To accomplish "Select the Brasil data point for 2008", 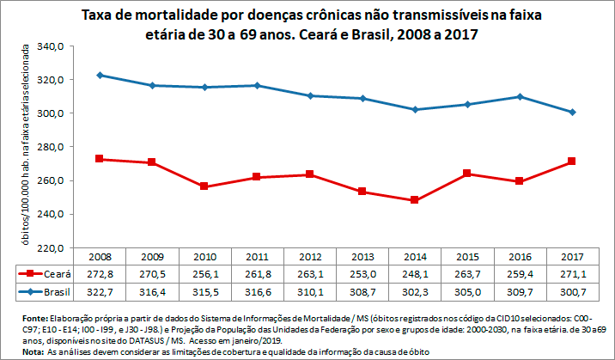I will click(100, 76).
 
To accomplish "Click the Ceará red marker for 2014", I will click(415, 200).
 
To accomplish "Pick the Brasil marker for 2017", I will click(572, 113).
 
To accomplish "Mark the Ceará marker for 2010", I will click(205, 186).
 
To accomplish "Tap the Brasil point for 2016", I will click(520, 97).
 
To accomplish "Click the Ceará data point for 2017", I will click(572, 162).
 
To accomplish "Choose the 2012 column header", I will click(310, 256).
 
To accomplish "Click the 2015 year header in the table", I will click(467, 256).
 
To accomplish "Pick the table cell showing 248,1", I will click(415, 273).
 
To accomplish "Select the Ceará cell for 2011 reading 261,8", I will click(258, 273).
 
